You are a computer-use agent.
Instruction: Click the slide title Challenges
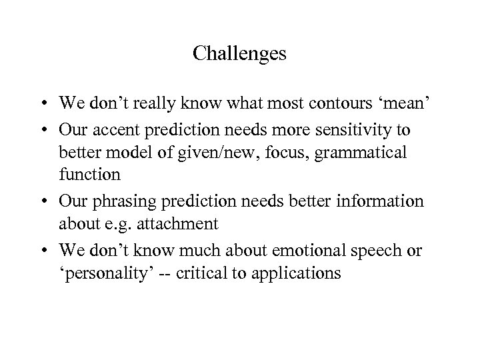click(239, 53)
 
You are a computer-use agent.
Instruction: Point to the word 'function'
click(89, 176)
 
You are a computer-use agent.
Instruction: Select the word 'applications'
click(307, 273)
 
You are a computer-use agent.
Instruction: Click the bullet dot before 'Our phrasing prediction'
click(43, 201)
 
